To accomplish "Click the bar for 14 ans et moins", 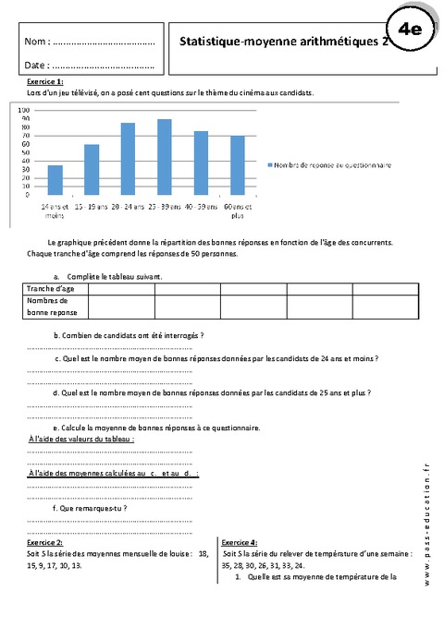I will (55, 180).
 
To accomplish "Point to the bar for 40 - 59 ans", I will (201, 163).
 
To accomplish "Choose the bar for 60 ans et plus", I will (237, 165).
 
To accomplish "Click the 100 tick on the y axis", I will (25, 110).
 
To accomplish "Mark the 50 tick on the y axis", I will (27, 152).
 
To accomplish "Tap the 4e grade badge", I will (409, 30).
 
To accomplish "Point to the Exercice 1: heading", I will (47, 83).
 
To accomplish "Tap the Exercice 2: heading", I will (45, 543).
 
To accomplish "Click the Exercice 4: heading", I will (239, 543).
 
